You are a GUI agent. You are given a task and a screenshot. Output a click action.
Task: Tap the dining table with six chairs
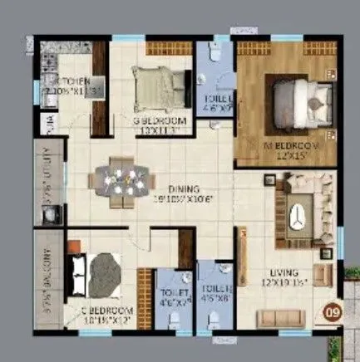coord(121,181)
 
